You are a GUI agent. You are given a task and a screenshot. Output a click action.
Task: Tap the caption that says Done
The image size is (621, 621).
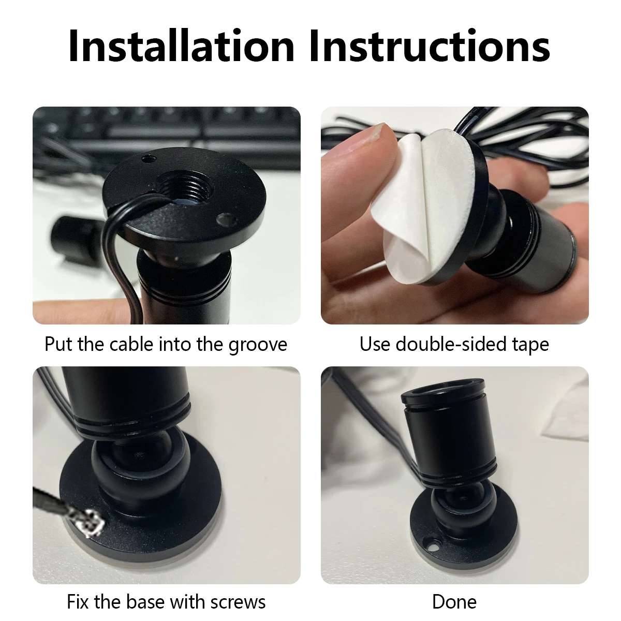[x=454, y=602]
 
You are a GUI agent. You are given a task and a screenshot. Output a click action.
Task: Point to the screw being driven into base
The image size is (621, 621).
[x=92, y=521]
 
